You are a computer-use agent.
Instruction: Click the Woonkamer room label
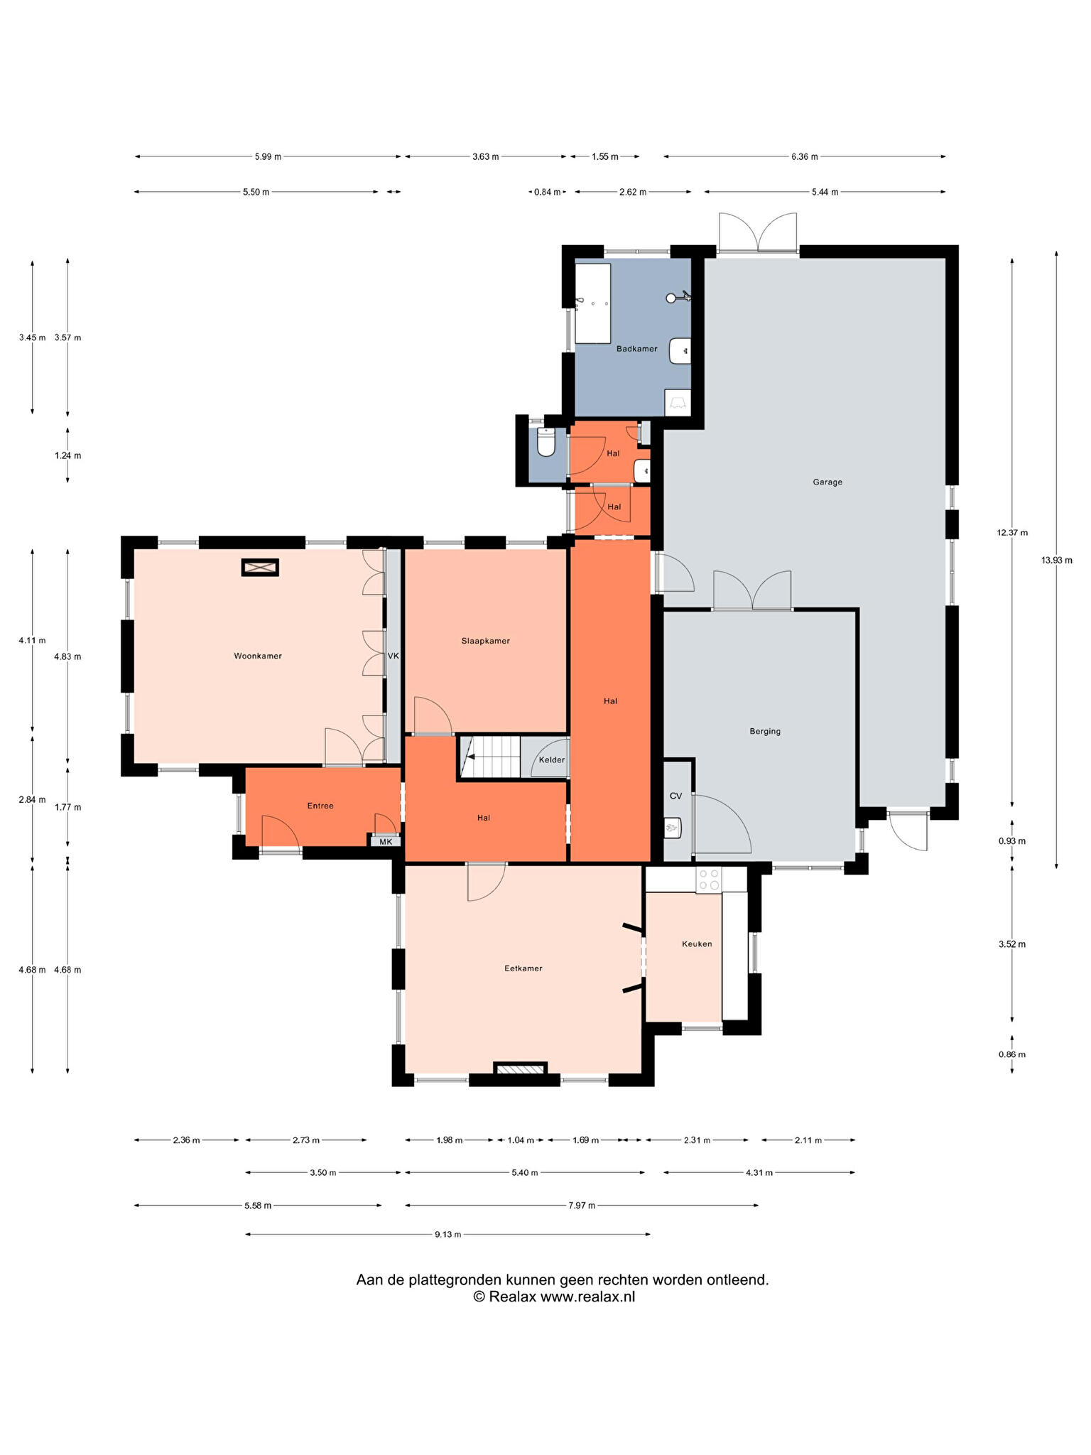coord(258,656)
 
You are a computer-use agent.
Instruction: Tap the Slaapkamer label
coord(485,641)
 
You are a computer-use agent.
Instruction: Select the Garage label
coord(827,482)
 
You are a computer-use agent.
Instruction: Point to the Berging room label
coord(765,731)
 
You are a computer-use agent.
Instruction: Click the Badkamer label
coord(636,349)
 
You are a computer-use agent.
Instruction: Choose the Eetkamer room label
coord(523,968)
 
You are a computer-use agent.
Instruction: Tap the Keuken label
coord(697,944)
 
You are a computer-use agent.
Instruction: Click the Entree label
coord(320,806)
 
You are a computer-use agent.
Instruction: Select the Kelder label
coord(552,759)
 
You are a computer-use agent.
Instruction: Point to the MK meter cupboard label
coord(386,842)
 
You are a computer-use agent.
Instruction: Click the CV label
coord(675,796)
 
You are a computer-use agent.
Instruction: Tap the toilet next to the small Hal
coord(546,442)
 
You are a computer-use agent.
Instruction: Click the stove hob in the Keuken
coord(708,880)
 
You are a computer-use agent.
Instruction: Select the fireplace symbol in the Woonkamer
coord(260,568)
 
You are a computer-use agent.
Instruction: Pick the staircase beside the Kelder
coord(490,757)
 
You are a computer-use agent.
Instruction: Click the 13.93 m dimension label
coord(1057,560)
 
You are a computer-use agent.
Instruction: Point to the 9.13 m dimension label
coord(448,1234)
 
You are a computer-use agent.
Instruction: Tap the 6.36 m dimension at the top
coord(805,156)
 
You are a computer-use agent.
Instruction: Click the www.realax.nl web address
coord(588,1297)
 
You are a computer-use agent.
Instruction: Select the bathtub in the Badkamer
coord(593,303)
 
